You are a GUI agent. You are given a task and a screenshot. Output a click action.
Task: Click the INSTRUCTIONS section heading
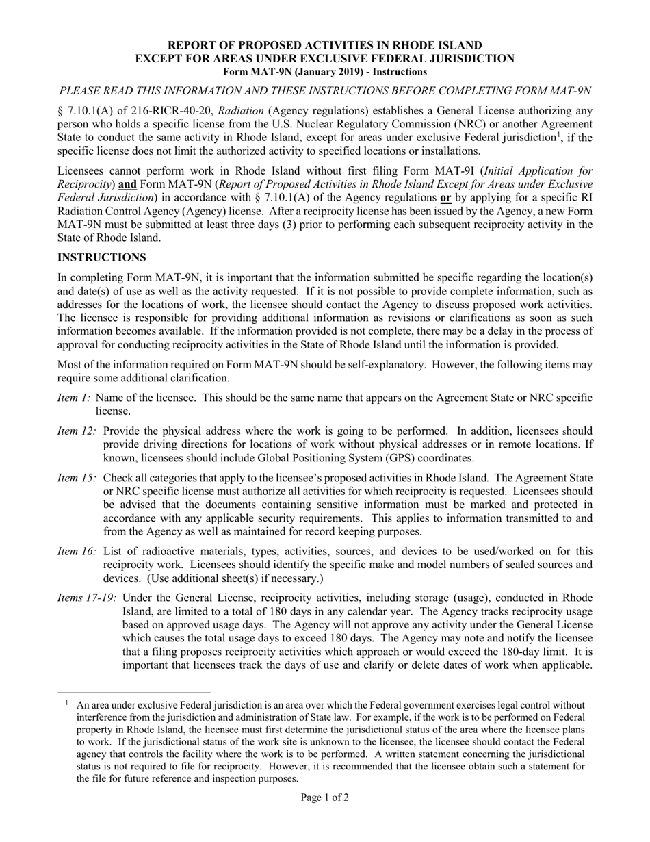click(101, 257)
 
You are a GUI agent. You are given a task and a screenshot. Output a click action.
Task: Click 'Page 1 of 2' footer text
click(325, 797)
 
